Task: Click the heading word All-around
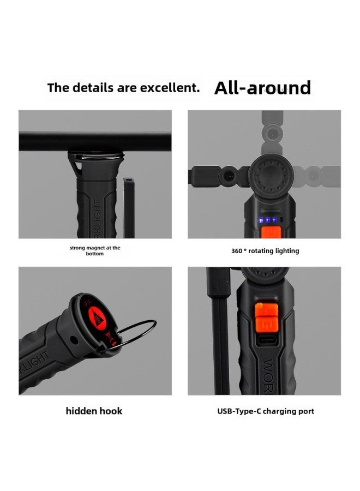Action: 262,88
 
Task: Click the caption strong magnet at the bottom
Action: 95,250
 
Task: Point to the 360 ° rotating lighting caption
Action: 265,251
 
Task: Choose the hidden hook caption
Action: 94,411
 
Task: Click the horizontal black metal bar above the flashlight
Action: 95,142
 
